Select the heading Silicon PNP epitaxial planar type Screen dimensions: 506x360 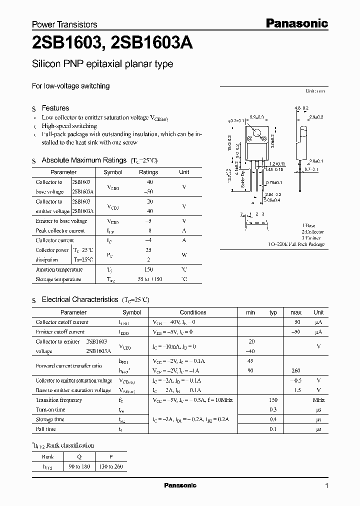click(102, 64)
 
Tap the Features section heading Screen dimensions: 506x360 click(55, 108)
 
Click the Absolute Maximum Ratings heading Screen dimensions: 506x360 click(83, 160)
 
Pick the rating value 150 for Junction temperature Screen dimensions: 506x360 click(148, 269)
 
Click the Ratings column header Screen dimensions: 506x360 click(148, 172)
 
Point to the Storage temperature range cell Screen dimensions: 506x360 click(148, 279)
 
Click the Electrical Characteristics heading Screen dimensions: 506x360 click(79, 299)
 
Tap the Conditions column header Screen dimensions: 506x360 click(192, 312)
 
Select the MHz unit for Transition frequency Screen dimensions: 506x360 click(318, 400)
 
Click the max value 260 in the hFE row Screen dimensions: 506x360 click(296, 370)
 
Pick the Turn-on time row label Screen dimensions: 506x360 click(50, 409)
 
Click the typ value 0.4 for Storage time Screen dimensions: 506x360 click(273, 419)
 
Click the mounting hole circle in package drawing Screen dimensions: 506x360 click(257, 133)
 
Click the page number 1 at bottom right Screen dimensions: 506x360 click(326, 486)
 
